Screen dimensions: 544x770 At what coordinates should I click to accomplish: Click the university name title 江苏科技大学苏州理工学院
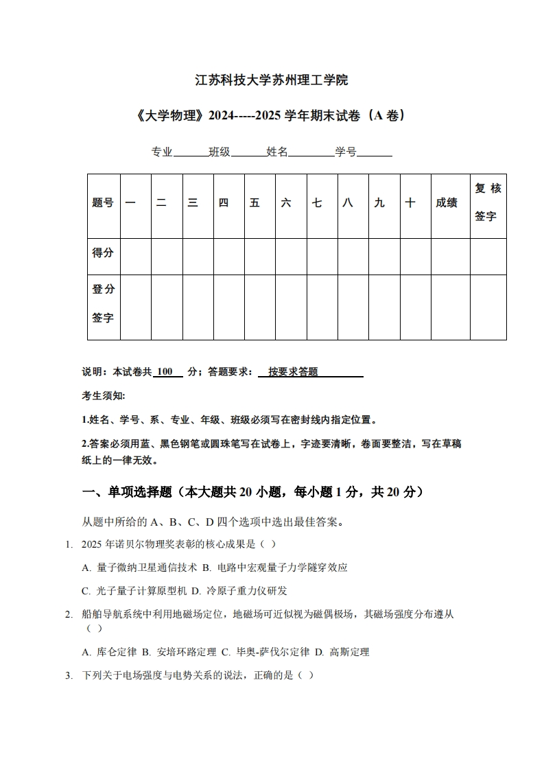tap(272, 80)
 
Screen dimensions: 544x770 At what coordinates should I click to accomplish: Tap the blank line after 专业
tap(191, 152)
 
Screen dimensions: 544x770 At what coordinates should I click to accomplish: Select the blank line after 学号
tap(375, 152)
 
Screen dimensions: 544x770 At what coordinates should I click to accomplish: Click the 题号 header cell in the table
tap(103, 203)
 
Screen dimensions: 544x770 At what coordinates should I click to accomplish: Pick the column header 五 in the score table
tap(255, 203)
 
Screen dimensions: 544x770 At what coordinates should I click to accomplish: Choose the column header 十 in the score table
tap(410, 203)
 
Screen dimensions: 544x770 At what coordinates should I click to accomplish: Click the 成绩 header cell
tap(446, 203)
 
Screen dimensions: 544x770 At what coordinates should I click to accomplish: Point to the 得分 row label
tap(103, 253)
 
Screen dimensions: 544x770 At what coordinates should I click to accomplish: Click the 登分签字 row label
tap(103, 303)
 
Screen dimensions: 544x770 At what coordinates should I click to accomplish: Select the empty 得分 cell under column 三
tap(198, 256)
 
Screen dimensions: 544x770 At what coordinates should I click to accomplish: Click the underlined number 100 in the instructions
tap(165, 372)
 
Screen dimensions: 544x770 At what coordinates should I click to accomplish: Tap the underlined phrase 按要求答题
tap(294, 372)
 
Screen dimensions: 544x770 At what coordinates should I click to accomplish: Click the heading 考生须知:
tap(104, 396)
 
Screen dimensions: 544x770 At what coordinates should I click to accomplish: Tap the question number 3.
tap(69, 675)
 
